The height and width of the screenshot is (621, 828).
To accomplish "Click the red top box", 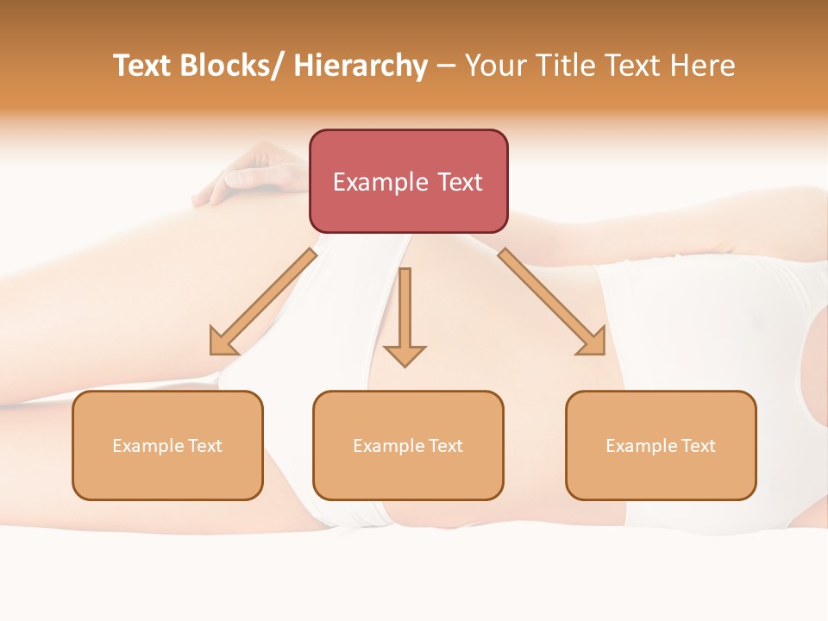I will click(408, 181).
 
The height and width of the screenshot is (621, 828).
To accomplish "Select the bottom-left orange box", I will click(167, 445).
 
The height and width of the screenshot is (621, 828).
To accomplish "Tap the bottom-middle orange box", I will click(408, 445).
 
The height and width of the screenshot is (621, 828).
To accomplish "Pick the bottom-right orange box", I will click(661, 445).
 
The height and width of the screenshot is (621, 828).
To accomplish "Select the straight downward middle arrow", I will click(405, 315).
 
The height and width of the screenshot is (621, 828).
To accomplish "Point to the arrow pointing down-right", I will click(552, 302).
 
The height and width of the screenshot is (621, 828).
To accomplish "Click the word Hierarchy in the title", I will click(361, 66).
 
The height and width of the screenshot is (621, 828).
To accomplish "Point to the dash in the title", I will click(446, 66).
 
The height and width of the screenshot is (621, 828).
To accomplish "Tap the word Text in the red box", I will click(457, 182).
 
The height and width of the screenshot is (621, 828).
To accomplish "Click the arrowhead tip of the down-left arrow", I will click(213, 352).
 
